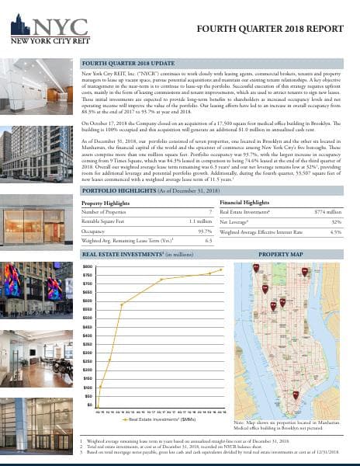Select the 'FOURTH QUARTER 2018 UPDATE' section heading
pyautogui.click(x=130, y=61)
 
